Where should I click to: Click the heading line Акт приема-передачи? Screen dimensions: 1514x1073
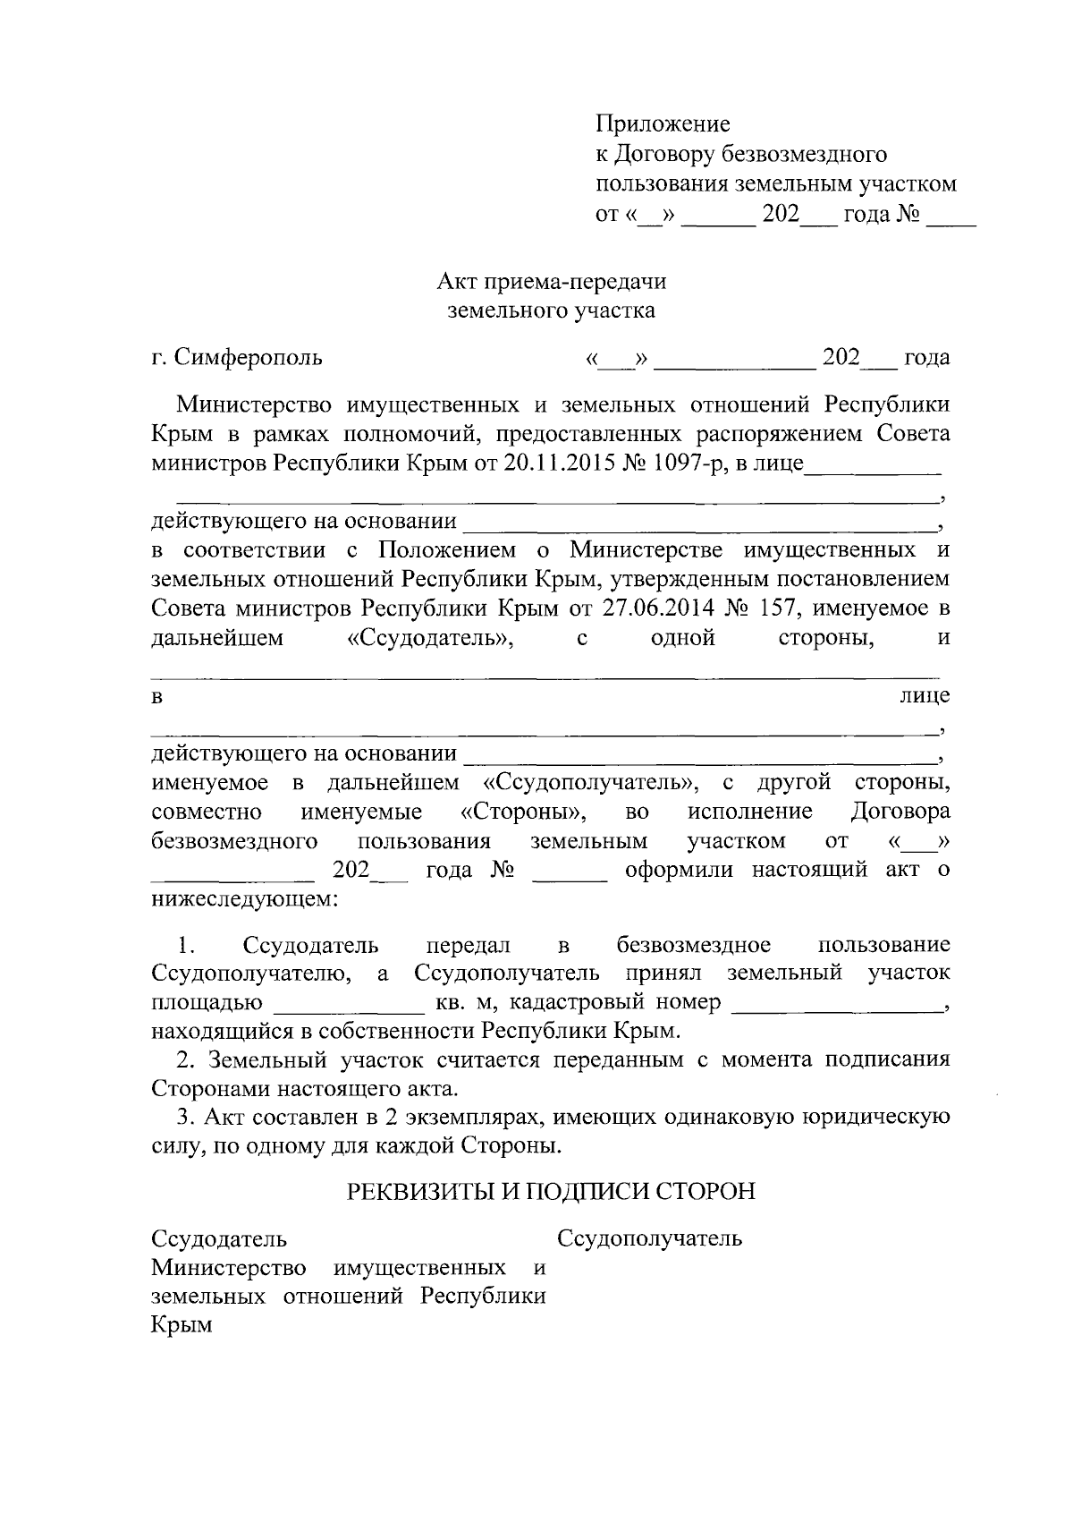(x=551, y=282)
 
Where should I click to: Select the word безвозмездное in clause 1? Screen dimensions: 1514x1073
(x=694, y=946)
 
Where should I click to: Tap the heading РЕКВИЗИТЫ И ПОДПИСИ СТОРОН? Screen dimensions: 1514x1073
(x=551, y=1192)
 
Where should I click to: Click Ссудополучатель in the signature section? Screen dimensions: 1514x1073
(x=649, y=1239)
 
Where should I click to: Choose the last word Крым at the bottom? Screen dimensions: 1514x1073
(x=182, y=1325)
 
